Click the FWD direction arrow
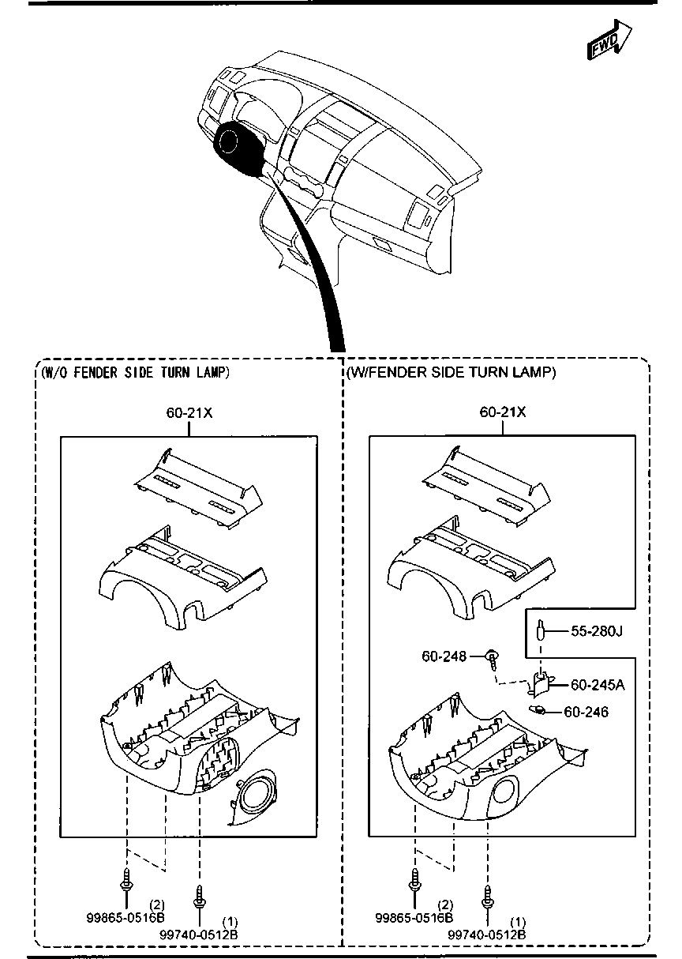click(610, 41)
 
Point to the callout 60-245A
click(598, 684)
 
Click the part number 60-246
click(586, 712)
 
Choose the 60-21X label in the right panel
click(503, 412)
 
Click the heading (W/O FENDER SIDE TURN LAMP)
click(134, 372)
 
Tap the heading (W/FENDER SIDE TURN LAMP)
click(451, 372)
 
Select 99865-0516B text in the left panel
click(126, 918)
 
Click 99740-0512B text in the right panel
click(487, 935)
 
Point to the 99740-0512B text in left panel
click(198, 935)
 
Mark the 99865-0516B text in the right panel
click(414, 918)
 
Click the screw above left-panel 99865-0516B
click(126, 878)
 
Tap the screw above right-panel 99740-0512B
click(487, 896)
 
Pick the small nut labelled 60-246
click(540, 709)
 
